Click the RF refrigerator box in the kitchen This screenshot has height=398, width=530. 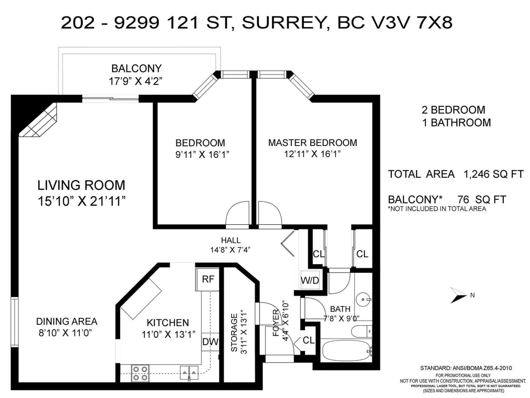tap(208, 279)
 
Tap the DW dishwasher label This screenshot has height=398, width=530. tap(210, 342)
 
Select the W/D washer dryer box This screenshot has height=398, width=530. tap(310, 281)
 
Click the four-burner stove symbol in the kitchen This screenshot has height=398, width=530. tap(140, 373)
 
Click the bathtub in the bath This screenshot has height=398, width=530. tap(346, 350)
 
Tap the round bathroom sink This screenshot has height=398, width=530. tap(363, 300)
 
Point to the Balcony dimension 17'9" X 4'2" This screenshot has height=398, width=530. tap(136, 81)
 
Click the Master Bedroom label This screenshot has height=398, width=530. tap(312, 143)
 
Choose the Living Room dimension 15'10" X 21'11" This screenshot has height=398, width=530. tap(81, 201)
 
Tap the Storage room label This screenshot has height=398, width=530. tap(234, 333)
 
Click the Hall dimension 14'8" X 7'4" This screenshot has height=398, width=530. tap(230, 250)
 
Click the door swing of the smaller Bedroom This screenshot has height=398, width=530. tap(237, 214)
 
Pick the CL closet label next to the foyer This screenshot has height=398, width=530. tap(308, 340)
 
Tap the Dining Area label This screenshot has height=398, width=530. tap(67, 321)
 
